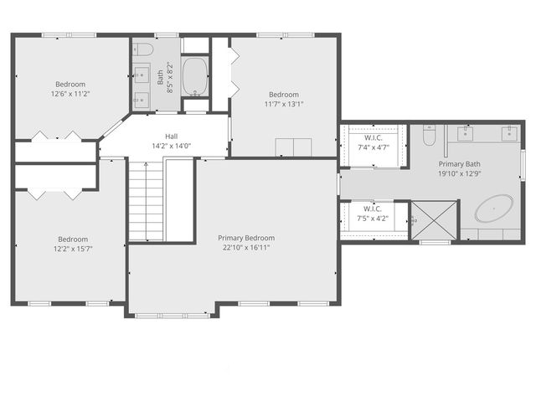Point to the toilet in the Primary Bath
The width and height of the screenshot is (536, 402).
click(430, 135)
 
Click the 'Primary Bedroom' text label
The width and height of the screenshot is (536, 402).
click(246, 238)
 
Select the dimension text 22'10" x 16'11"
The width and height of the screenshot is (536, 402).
click(246, 248)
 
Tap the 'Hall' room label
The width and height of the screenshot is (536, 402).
click(171, 136)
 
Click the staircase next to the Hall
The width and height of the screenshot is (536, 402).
click(146, 201)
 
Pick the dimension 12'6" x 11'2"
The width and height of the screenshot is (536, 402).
click(71, 94)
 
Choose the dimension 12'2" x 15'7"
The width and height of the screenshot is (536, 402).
click(71, 248)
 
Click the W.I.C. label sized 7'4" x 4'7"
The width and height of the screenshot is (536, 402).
click(373, 137)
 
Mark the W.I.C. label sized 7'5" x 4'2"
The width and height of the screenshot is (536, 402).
click(373, 209)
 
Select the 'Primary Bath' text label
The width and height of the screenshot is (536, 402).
click(461, 164)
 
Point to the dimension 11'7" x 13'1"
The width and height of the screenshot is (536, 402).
click(283, 105)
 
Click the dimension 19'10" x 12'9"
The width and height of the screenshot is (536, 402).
click(461, 174)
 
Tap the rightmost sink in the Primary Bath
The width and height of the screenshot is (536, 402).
click(508, 132)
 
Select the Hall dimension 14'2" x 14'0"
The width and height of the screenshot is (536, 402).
click(171, 146)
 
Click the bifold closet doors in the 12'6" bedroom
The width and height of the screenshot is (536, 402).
click(56, 136)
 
